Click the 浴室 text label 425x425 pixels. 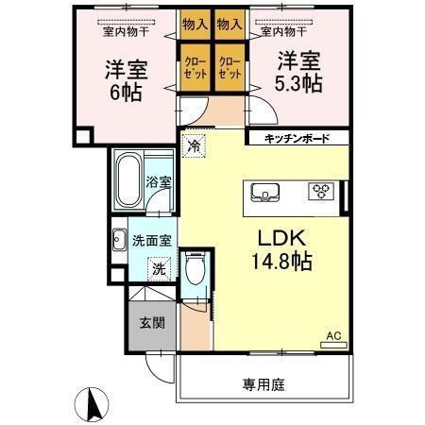point(159,182)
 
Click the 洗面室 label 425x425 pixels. point(151,240)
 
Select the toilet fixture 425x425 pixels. point(194,272)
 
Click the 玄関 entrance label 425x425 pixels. point(152,323)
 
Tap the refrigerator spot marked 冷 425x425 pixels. point(194,146)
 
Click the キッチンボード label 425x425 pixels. point(297,139)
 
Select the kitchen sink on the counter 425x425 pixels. point(267,193)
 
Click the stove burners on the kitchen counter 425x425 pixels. point(321,192)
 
